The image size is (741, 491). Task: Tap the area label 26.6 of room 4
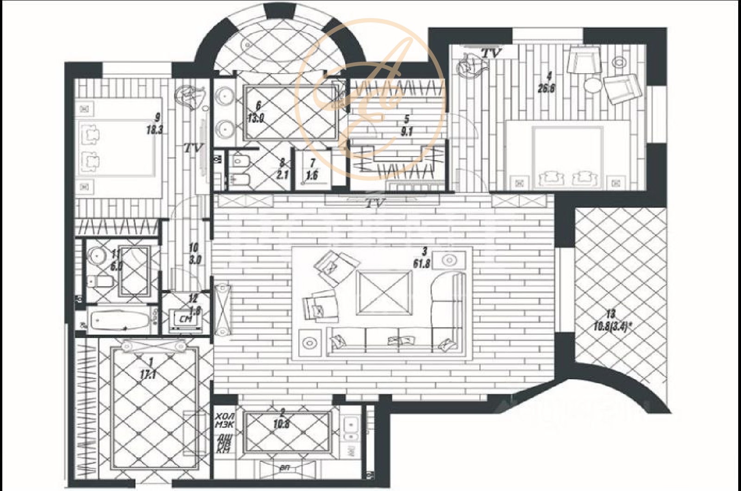point(546,88)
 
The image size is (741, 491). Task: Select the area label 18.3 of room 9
point(155,130)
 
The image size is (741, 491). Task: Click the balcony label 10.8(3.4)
point(613,327)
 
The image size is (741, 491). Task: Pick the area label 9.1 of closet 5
point(407,132)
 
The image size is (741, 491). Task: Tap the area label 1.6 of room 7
point(312,176)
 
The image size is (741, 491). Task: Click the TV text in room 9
point(193,148)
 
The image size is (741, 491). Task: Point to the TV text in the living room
point(375,203)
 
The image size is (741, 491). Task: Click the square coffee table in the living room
point(384,293)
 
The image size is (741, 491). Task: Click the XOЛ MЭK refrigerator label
point(225,420)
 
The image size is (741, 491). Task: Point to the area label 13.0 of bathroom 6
point(255,118)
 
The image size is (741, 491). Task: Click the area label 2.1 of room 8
point(283,175)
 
